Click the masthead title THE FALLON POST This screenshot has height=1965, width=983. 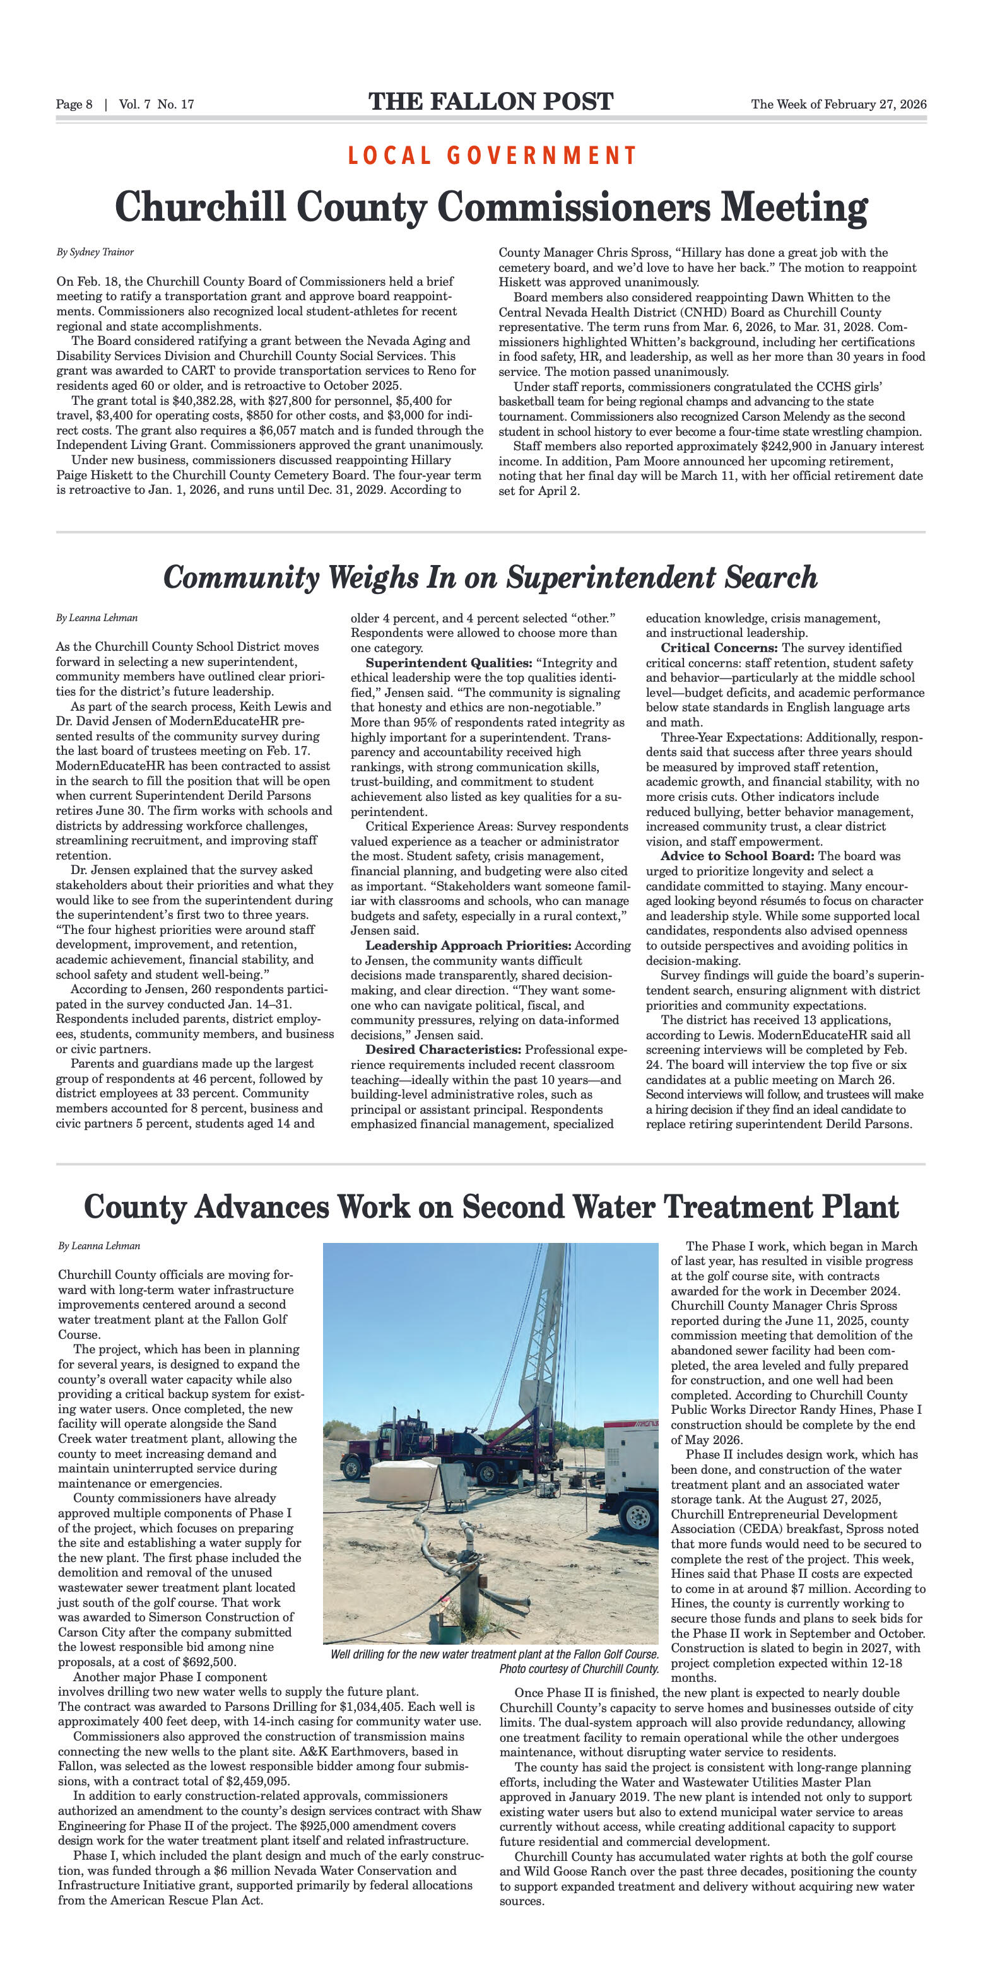tap(491, 102)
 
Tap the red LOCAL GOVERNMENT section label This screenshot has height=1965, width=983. tap(491, 156)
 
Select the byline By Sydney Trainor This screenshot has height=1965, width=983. tap(95, 252)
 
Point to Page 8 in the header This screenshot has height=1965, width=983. tap(74, 105)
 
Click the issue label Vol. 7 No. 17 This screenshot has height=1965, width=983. tap(156, 105)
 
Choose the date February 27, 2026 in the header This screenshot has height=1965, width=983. tap(875, 105)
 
